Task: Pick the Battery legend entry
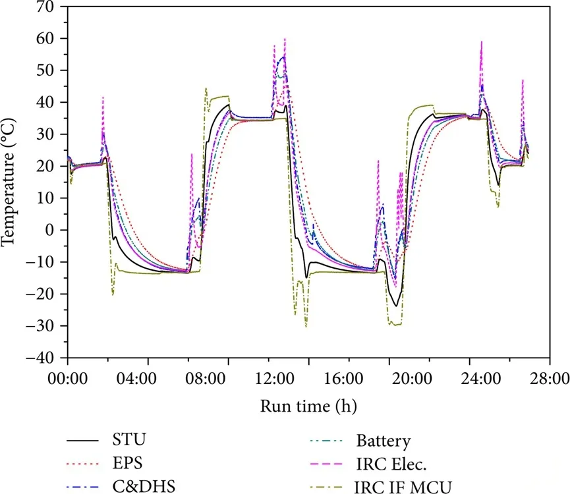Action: click(x=383, y=440)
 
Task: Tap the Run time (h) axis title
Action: click(x=309, y=403)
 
